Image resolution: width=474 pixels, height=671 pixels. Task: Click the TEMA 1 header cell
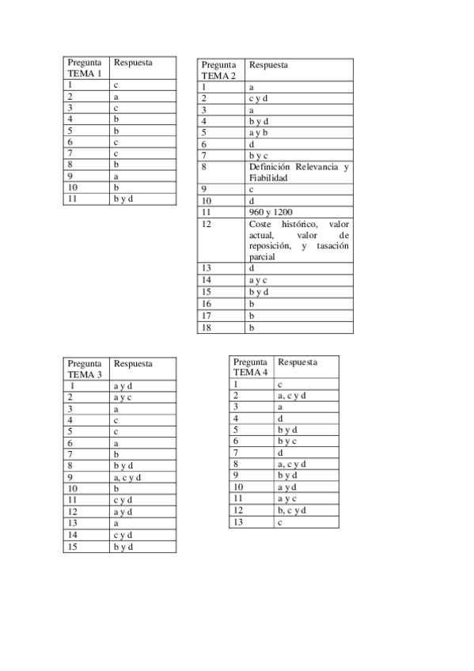click(x=85, y=68)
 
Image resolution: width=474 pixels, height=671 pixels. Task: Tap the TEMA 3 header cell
click(x=85, y=369)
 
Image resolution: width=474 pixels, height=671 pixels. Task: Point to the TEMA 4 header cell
click(x=251, y=367)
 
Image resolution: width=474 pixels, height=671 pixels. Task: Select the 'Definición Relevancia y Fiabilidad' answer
click(x=298, y=172)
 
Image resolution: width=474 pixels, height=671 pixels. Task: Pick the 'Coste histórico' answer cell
click(x=298, y=241)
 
